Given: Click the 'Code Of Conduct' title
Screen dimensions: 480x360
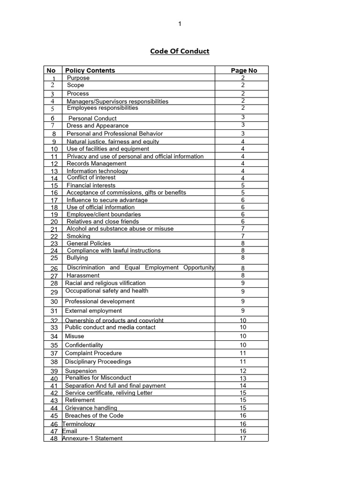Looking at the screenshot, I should (x=180, y=51).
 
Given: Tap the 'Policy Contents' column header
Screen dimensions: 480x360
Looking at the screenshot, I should (x=90, y=70).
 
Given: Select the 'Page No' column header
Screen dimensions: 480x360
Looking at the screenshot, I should (x=244, y=70).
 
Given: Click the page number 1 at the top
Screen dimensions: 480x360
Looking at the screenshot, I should (x=180, y=24).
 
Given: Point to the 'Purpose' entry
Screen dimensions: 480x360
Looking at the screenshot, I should (x=78, y=78).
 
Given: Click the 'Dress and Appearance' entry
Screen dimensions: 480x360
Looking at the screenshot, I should (x=97, y=126).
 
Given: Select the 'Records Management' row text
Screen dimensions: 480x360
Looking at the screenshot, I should (x=97, y=164).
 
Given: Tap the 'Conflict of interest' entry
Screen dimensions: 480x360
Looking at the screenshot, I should (x=91, y=178).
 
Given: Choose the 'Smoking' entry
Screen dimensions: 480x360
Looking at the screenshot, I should (x=78, y=236).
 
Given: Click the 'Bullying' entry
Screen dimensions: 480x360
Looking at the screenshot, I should (x=77, y=258).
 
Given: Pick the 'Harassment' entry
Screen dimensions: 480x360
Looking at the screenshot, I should (x=83, y=276).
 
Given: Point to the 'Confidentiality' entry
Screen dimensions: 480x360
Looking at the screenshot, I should (x=84, y=345).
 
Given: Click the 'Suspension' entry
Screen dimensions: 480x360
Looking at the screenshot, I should (x=81, y=371).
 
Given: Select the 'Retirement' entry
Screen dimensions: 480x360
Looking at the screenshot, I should (x=80, y=400).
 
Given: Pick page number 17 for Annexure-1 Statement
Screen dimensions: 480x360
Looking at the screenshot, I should (x=243, y=439).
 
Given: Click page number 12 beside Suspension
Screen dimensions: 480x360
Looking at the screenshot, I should (x=243, y=371).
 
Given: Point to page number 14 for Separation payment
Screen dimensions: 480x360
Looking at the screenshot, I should (x=243, y=386).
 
